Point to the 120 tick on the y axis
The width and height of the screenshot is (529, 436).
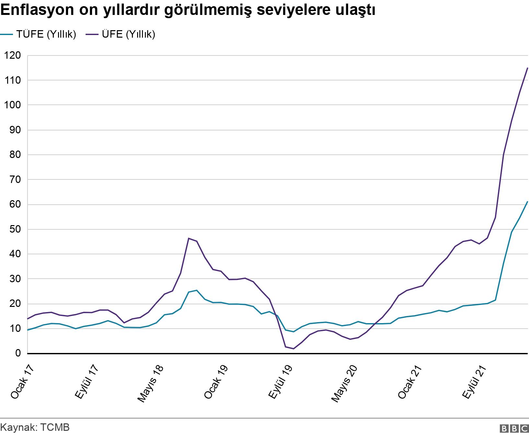(x=13, y=55)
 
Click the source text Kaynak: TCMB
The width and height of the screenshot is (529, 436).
(x=35, y=427)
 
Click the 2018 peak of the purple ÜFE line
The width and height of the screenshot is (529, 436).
(x=189, y=238)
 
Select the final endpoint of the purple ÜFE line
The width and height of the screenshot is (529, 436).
(x=528, y=68)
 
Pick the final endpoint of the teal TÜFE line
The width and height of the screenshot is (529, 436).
(x=528, y=201)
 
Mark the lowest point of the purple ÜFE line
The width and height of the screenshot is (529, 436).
(x=293, y=349)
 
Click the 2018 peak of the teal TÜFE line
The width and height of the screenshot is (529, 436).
(x=197, y=290)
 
